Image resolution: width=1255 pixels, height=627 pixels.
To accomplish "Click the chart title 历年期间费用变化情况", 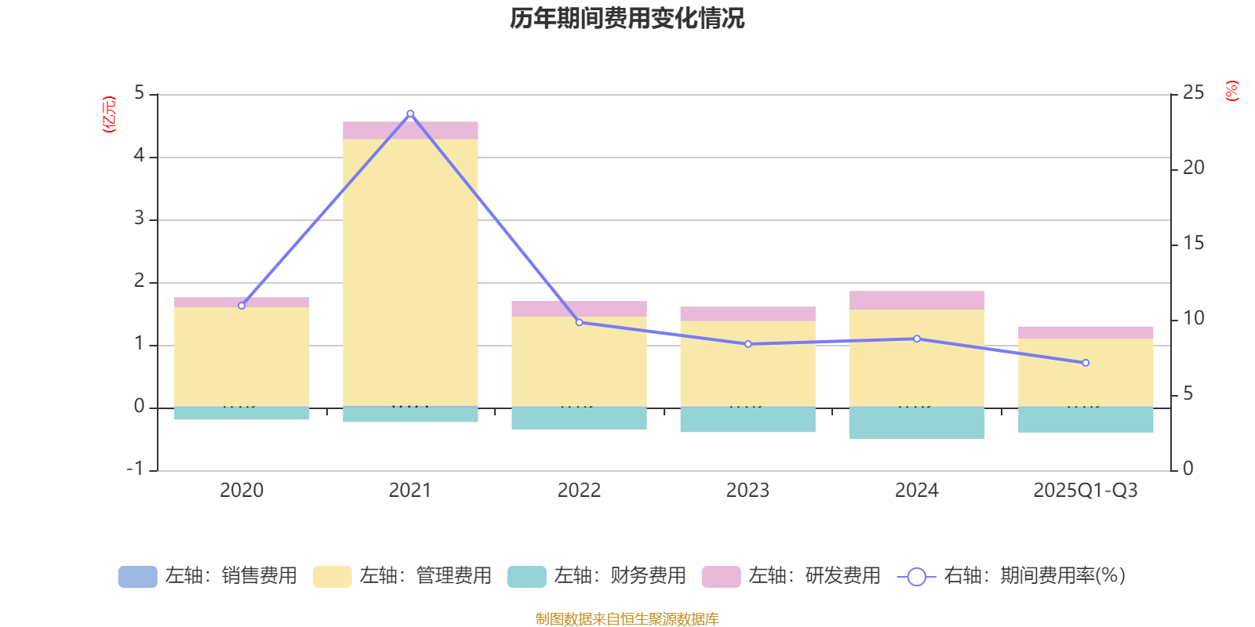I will click(x=627, y=18).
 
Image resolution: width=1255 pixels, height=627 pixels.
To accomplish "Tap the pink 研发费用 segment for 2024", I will click(x=916, y=300).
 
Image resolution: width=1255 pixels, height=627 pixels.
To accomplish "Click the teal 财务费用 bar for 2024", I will click(x=916, y=423).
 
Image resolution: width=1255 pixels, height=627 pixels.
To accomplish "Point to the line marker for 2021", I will click(x=410, y=114).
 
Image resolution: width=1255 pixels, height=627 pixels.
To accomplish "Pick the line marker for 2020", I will click(x=242, y=306).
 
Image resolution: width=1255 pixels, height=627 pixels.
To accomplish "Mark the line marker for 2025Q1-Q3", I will click(x=1086, y=363).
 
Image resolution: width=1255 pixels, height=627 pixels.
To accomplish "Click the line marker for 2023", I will click(x=748, y=344).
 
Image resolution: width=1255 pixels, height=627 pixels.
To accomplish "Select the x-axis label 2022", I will click(x=579, y=491).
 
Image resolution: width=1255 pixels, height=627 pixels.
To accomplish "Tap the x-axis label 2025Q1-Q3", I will click(x=1086, y=491).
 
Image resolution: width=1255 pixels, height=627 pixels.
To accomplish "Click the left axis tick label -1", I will click(x=136, y=469).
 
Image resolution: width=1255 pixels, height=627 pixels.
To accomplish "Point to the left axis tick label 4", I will click(x=140, y=156).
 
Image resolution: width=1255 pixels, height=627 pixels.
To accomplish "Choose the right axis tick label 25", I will click(x=1193, y=92).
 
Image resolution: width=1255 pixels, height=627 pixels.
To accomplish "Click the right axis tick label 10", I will click(x=1193, y=318).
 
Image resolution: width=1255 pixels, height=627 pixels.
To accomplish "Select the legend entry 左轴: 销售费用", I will click(x=208, y=576).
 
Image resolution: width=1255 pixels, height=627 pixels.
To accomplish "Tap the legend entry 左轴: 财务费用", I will click(x=597, y=576).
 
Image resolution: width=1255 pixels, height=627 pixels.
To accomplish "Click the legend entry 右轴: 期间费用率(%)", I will click(x=1012, y=576).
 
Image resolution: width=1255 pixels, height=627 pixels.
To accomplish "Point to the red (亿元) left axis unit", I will click(x=109, y=114).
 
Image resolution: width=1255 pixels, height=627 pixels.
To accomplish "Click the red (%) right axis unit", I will click(x=1231, y=91).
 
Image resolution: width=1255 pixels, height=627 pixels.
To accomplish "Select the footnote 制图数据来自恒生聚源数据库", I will click(x=627, y=619).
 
